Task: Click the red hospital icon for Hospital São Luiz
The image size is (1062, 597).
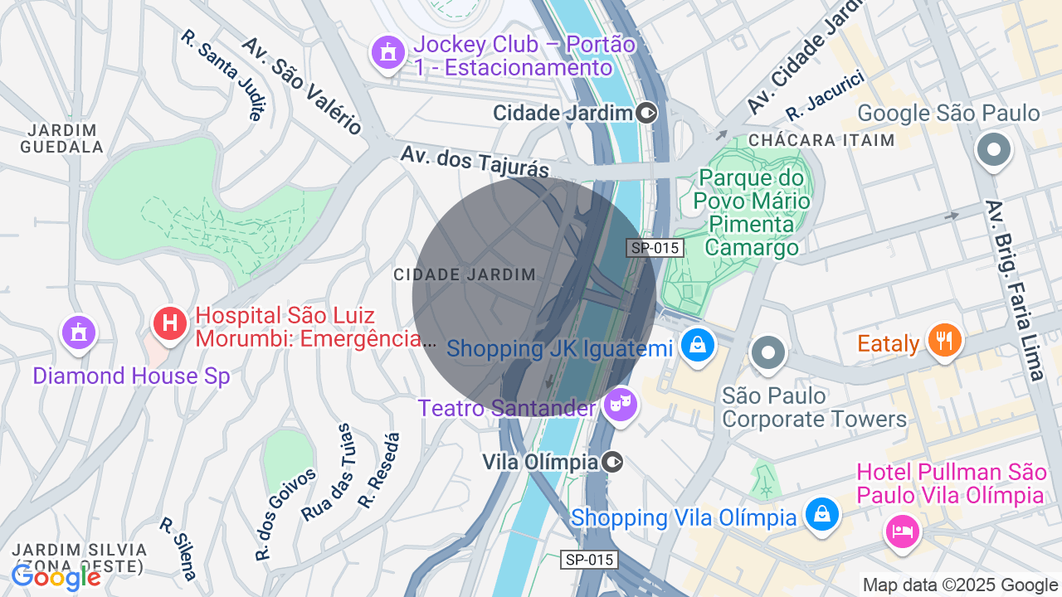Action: (170, 323)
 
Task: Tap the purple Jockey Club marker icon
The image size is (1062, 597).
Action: (387, 52)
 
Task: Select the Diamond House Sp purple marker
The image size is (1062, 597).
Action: (79, 332)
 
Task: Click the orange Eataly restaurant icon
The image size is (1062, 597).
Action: (944, 340)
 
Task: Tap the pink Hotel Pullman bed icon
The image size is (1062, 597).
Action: (902, 530)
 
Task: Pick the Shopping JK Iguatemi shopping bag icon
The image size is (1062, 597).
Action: (697, 345)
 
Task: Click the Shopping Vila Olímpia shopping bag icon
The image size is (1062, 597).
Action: (821, 514)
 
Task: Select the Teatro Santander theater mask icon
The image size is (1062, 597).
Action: (619, 405)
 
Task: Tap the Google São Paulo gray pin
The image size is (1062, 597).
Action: (993, 151)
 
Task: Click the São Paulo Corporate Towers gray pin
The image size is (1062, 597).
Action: (768, 352)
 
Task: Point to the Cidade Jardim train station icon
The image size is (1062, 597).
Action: (647, 113)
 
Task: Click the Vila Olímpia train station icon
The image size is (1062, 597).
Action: (612, 462)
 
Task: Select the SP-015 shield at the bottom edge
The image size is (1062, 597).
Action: (588, 560)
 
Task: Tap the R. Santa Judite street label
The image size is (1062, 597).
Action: (226, 75)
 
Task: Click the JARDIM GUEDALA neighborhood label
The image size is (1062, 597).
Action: (63, 138)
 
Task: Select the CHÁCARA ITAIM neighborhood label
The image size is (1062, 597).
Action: (821, 140)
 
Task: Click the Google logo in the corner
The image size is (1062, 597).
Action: (56, 577)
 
